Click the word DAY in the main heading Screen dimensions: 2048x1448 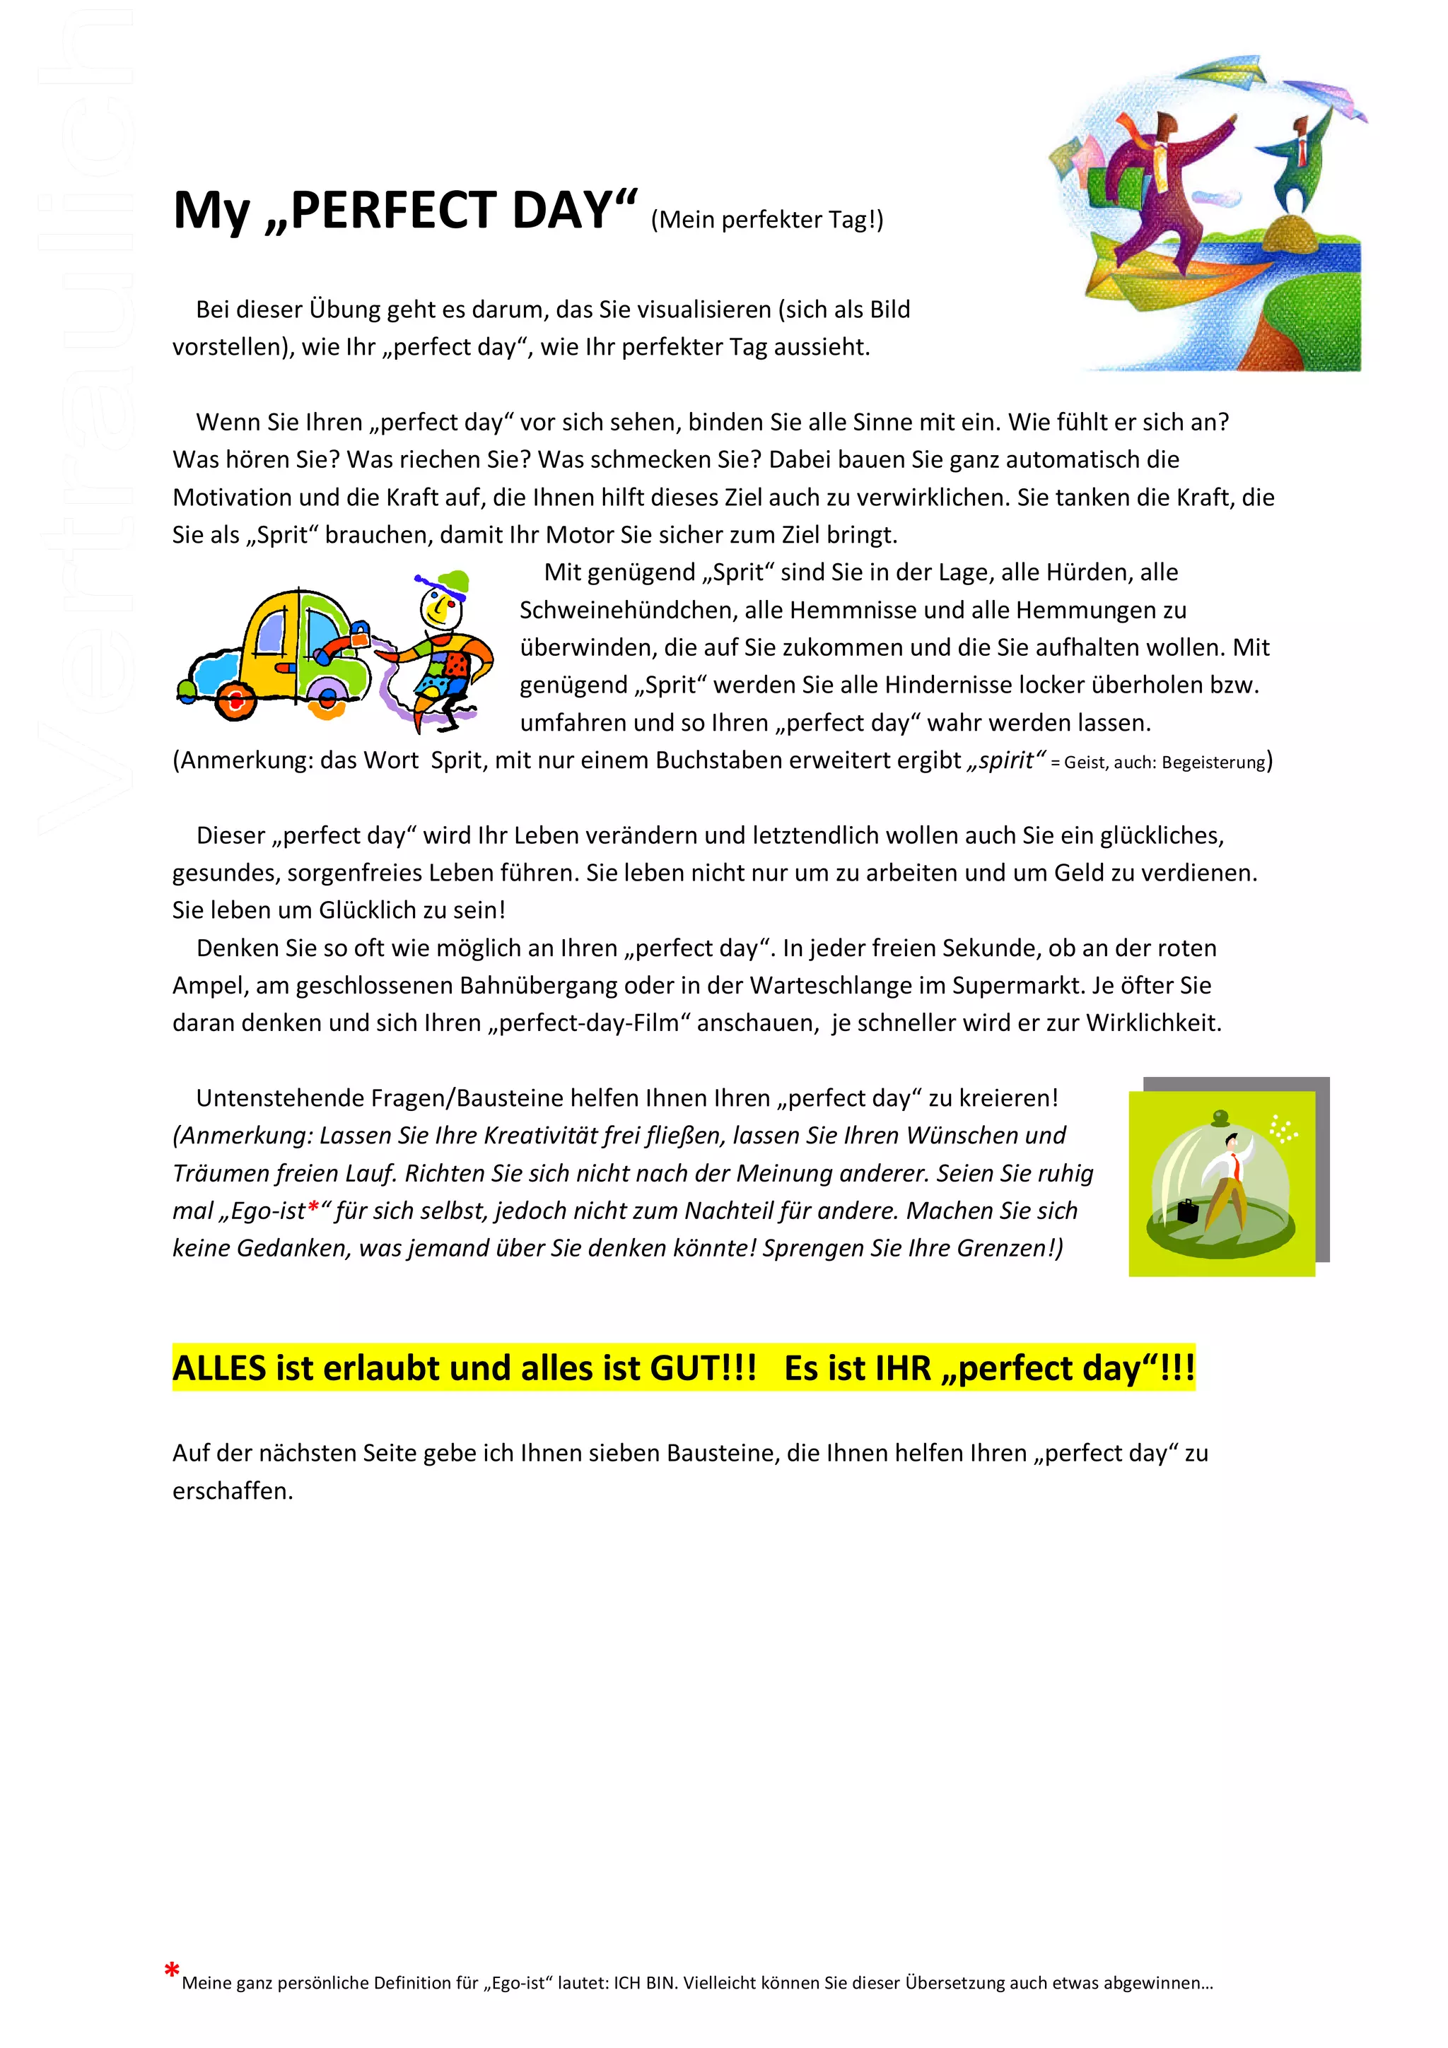click(x=565, y=211)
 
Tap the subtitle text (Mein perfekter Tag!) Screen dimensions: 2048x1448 click(x=766, y=219)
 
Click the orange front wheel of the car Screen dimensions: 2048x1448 click(x=236, y=702)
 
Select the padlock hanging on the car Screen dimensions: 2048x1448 click(x=361, y=636)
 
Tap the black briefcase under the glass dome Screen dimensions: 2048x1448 click(x=1188, y=1211)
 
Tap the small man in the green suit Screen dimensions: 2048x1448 click(x=1295, y=165)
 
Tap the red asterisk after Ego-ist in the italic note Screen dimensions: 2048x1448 click(x=313, y=1208)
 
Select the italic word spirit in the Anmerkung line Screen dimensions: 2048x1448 click(x=1005, y=760)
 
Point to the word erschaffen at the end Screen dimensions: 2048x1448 click(x=231, y=1490)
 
